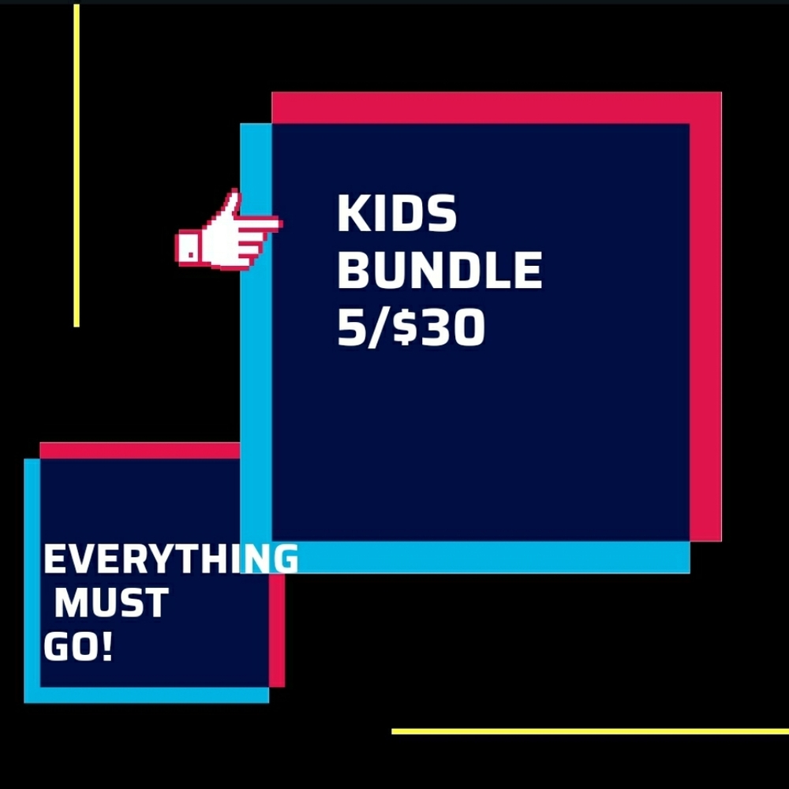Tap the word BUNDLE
point(439,270)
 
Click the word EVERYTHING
point(170,559)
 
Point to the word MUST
point(110,604)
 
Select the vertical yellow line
point(77,166)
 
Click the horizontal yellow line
point(589,731)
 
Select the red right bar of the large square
point(705,316)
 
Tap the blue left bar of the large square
point(256,355)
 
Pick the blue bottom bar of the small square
point(146,694)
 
